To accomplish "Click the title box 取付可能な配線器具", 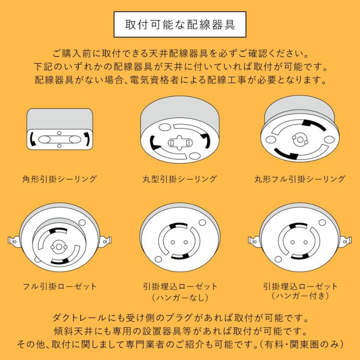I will point(180,25).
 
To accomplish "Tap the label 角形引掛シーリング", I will point(59,179).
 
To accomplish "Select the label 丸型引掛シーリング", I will point(180,179).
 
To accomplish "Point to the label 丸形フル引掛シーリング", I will point(300,179).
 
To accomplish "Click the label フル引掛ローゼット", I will point(59,286).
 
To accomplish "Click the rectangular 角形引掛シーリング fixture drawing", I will point(59,130).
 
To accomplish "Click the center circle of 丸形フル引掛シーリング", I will point(300,140).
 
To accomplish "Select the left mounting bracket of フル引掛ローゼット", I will point(13,240).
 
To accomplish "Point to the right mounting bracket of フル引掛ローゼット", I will point(107,240).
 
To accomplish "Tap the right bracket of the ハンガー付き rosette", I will point(346,240).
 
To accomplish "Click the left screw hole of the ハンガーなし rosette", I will point(173,243).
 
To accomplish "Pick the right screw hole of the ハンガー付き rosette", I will point(306,242).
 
